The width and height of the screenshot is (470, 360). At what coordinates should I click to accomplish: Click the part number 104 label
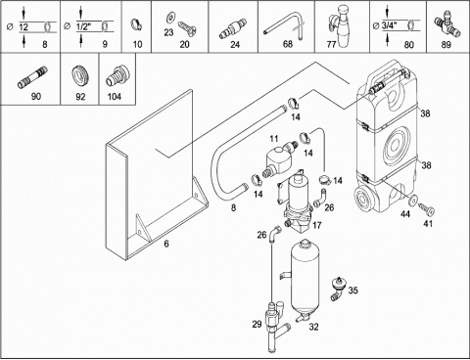[115, 97]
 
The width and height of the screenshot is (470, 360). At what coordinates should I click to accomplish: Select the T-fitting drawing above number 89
[447, 26]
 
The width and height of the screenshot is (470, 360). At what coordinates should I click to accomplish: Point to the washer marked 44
[413, 200]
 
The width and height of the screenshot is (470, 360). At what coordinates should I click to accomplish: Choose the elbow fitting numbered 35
[338, 288]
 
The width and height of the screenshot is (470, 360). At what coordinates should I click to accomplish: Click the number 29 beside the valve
[257, 324]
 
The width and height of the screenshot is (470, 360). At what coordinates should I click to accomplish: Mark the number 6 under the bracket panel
[166, 244]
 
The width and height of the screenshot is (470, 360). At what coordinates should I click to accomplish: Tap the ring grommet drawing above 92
[79, 76]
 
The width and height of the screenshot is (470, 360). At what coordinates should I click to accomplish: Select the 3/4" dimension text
[389, 25]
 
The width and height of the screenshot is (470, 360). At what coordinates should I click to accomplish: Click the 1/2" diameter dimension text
[83, 26]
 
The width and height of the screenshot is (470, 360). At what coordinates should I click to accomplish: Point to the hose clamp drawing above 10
[137, 24]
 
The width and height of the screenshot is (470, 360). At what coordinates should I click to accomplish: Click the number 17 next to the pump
[317, 225]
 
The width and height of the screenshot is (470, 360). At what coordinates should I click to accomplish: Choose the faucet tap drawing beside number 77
[340, 25]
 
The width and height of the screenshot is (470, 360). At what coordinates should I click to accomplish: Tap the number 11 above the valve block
[274, 139]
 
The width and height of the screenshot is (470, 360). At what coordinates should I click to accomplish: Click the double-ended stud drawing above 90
[32, 77]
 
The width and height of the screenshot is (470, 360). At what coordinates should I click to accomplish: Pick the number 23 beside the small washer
[168, 32]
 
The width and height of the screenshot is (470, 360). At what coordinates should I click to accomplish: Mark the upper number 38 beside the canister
[425, 113]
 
